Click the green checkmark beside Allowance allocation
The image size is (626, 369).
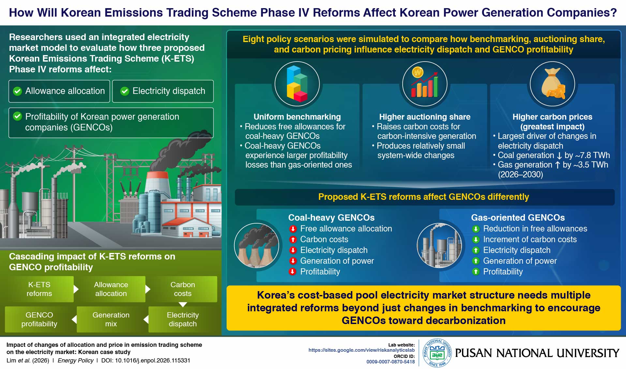click(x=17, y=91)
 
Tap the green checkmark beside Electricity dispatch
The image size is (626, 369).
click(x=125, y=91)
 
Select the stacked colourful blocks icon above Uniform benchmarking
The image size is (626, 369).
click(x=297, y=84)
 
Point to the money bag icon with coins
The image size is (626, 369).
click(x=553, y=83)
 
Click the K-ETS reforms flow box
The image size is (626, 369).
click(x=39, y=289)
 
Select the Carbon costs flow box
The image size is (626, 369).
click(x=183, y=289)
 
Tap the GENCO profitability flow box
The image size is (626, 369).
click(x=39, y=319)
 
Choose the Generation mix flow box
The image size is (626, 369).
click(x=111, y=319)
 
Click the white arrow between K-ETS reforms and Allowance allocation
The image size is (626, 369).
click(x=76, y=289)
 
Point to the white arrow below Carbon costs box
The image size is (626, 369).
click(x=183, y=304)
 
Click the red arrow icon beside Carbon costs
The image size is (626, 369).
click(x=293, y=240)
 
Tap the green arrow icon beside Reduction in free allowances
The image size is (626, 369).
click(x=476, y=229)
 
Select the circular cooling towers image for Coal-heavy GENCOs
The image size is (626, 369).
click(x=257, y=245)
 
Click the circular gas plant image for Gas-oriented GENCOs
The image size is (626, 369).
click(x=439, y=245)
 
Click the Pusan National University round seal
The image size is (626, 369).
click(x=437, y=353)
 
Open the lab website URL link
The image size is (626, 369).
click(x=362, y=350)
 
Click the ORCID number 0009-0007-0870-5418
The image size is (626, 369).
click(x=391, y=362)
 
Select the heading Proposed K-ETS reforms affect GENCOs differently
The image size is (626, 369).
click(x=424, y=197)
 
